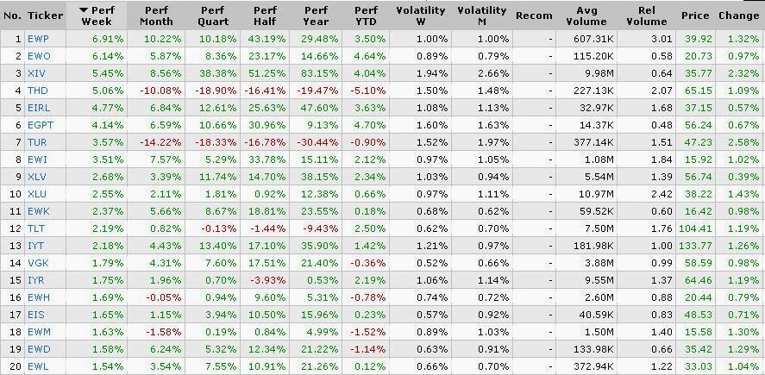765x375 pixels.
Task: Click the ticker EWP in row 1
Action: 38,39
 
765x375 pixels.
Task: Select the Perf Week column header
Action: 97,16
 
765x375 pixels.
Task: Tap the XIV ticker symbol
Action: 36,73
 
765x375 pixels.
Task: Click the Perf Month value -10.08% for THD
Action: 160,91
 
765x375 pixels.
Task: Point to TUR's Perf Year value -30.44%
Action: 317,142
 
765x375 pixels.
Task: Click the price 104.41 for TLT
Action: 696,228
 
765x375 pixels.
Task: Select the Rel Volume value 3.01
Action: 662,39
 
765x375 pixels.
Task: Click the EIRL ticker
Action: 39,108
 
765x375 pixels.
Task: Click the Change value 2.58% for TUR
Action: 743,142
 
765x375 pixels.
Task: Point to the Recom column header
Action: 534,16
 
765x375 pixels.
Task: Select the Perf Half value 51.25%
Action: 267,73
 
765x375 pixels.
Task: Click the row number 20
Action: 16,366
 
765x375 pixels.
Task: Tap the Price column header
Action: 695,16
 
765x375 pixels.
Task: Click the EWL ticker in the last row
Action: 38,366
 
